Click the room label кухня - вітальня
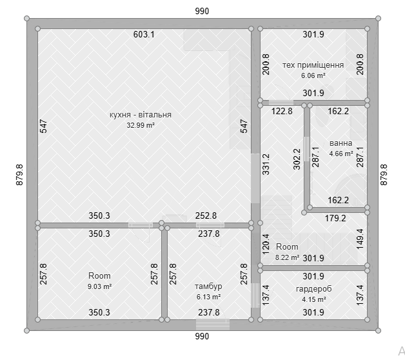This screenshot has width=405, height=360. click(141, 114)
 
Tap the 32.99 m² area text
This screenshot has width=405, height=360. click(141, 125)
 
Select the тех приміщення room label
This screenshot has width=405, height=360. click(313, 65)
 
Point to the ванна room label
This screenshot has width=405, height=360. click(341, 143)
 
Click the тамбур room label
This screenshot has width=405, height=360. click(208, 286)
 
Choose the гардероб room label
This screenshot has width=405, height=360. click(313, 288)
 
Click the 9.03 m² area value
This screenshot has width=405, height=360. click(100, 286)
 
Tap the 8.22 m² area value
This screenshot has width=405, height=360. click(287, 257)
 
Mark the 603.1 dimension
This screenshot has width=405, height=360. click(144, 34)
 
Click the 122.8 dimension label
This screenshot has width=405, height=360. click(282, 111)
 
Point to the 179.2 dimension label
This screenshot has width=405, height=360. click(335, 218)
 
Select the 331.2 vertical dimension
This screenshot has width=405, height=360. click(266, 165)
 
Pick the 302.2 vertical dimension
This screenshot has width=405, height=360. click(297, 159)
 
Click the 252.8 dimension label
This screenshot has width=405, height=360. click(206, 215)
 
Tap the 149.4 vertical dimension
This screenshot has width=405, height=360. click(360, 239)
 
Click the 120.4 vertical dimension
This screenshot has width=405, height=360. click(266, 245)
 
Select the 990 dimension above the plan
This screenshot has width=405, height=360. click(202, 11)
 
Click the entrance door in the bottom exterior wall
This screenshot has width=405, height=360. click(213, 325)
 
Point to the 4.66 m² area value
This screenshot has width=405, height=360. click(341, 154)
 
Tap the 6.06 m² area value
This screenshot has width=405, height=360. click(313, 75)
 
